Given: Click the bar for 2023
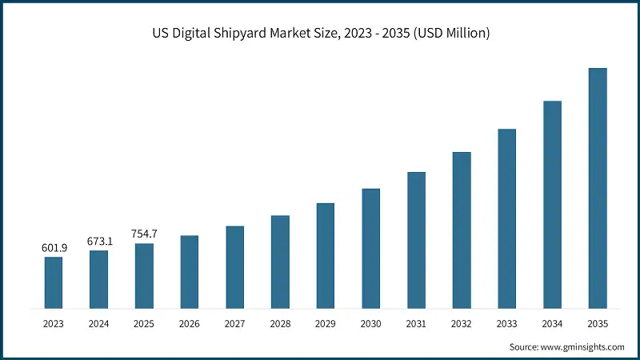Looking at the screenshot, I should [x=53, y=282].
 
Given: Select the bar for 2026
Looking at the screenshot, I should [x=189, y=272].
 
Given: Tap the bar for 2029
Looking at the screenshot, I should [x=325, y=255].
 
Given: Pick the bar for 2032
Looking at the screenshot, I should [x=462, y=230].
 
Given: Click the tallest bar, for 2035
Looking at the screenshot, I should [x=598, y=188].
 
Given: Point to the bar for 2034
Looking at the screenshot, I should [x=552, y=204].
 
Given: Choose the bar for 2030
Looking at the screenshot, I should [x=370, y=248].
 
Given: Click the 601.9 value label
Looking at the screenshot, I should [x=54, y=248].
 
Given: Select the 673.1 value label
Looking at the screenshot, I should [x=99, y=241].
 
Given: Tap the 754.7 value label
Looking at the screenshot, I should [x=144, y=234].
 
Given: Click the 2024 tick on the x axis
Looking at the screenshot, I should [x=98, y=323].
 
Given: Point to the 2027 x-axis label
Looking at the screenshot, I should [x=234, y=323].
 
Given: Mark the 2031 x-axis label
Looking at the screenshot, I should [x=416, y=323].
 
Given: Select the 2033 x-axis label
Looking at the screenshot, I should [x=506, y=323].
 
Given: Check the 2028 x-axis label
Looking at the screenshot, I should [x=280, y=323].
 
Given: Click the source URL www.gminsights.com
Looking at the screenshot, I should [x=583, y=346].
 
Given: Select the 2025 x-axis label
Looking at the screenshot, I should [x=144, y=323].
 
